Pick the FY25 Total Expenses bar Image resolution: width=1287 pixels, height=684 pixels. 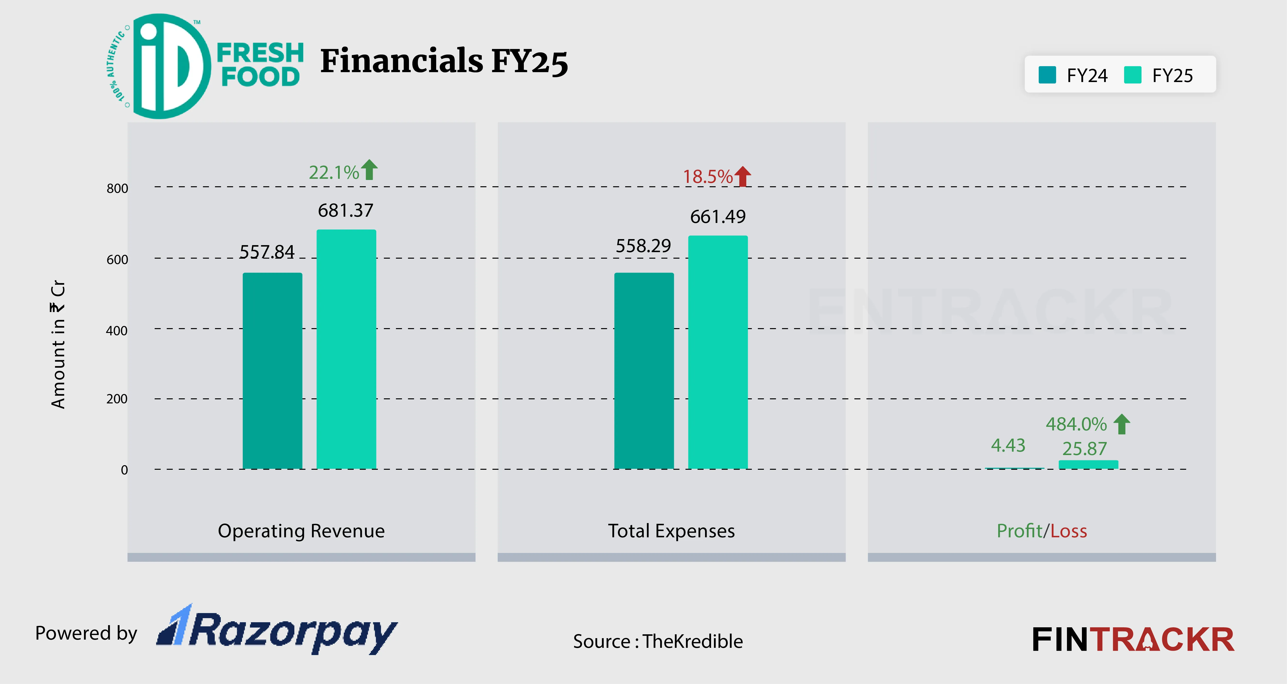pos(718,352)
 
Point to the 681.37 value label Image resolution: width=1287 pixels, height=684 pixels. pos(346,210)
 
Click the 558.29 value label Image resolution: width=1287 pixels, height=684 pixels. pos(643,246)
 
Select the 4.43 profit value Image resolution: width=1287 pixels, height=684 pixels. pos(1008,445)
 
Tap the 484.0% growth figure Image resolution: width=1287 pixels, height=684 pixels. pos(1076,424)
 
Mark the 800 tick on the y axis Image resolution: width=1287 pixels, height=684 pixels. pos(118,188)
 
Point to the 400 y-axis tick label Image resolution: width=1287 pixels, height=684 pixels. pos(117,331)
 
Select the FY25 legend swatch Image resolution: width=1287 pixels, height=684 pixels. pos(1133,75)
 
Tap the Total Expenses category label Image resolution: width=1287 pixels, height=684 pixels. pos(671,531)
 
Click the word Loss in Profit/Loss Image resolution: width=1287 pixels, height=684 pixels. pos(1069,531)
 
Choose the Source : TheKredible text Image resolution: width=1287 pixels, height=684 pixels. pos(657,641)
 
